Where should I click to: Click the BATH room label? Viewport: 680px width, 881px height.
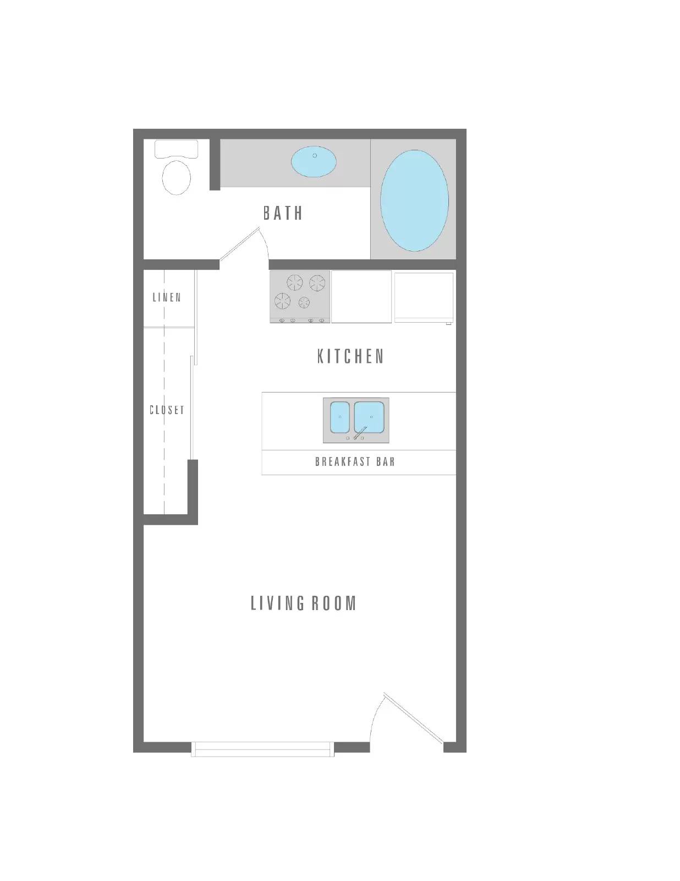click(283, 213)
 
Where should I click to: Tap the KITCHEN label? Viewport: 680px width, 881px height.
click(350, 356)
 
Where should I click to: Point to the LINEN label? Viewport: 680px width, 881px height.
click(167, 297)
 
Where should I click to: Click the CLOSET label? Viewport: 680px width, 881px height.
click(167, 410)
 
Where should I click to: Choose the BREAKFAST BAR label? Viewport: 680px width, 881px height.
click(355, 461)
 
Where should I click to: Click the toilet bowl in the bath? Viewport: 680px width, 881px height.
click(177, 178)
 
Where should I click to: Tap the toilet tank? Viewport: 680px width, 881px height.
click(177, 149)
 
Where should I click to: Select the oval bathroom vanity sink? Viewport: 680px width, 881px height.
click(314, 161)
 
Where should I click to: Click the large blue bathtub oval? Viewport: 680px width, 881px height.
click(414, 200)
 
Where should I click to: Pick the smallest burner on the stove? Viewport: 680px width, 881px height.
click(304, 302)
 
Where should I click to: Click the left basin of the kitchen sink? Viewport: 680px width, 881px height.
click(340, 417)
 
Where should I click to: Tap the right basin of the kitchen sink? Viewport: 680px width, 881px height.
click(369, 417)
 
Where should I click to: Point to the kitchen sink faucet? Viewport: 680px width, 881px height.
click(360, 433)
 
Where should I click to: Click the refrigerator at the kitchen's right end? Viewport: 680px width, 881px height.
click(424, 297)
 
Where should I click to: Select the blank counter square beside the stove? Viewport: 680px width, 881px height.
click(361, 296)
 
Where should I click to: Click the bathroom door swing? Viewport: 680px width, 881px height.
click(245, 245)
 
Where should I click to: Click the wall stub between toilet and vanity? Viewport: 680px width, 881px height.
click(215, 164)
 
